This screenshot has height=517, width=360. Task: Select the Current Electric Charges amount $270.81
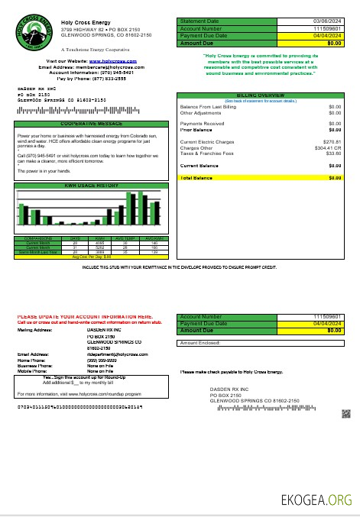point(332,142)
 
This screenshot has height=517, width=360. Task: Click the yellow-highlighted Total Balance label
point(196,177)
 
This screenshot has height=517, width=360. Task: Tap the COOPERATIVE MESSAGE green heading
point(91,123)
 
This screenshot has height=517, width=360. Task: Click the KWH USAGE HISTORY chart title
point(91,185)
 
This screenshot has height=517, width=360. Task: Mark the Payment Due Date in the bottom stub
point(328,324)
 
